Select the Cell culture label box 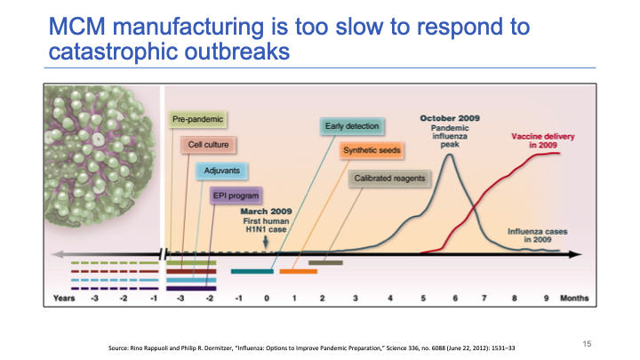pyautogui.click(x=207, y=144)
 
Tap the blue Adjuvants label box pyautogui.click(x=220, y=169)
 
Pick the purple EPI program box pyautogui.click(x=235, y=195)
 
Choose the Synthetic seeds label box pyautogui.click(x=372, y=150)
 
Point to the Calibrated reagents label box pyautogui.click(x=388, y=178)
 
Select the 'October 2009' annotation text pyautogui.click(x=451, y=117)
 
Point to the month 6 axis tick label pyautogui.click(x=454, y=299)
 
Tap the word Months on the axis pyautogui.click(x=576, y=299)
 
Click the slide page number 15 pyautogui.click(x=587, y=342)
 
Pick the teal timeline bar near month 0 pyautogui.click(x=252, y=271)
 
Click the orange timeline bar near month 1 pyautogui.click(x=297, y=271)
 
